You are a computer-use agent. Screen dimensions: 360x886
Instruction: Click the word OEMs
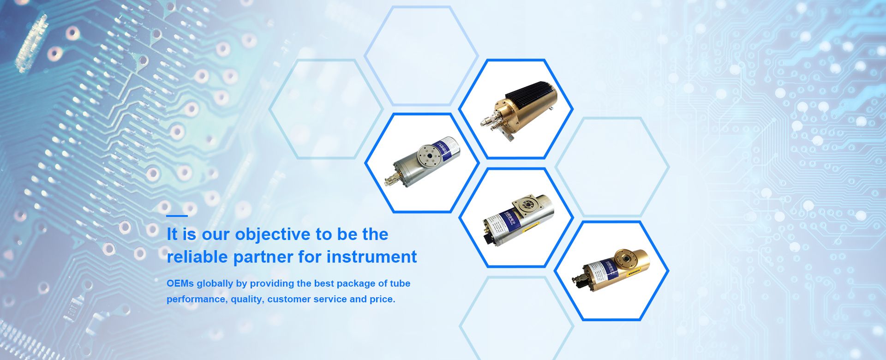[x=180, y=283]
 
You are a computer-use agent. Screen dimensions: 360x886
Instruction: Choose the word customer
[x=289, y=299]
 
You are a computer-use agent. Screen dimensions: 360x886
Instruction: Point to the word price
[x=382, y=299]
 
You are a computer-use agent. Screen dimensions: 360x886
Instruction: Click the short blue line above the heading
[x=177, y=216]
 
